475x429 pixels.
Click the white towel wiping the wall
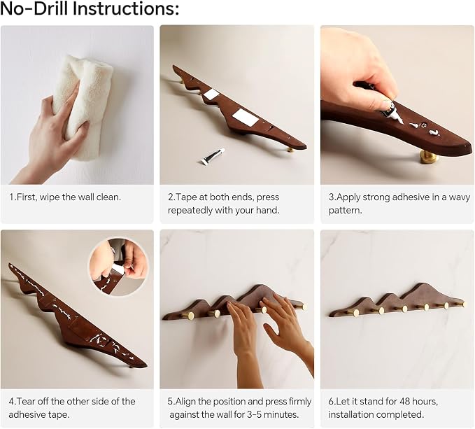point(83,106)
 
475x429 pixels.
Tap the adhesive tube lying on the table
point(213,156)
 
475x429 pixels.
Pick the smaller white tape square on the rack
point(211,94)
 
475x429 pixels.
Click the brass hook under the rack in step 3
point(428,157)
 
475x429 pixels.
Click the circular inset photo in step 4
point(119,267)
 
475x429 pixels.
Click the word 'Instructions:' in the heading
point(126,8)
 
